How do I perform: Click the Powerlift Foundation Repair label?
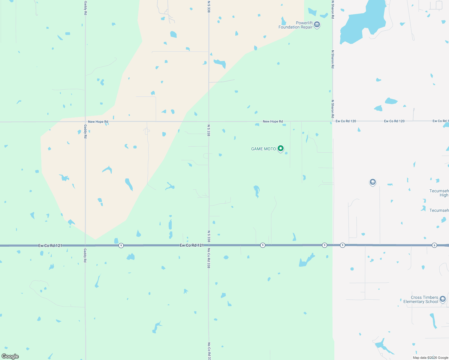(x=296, y=25)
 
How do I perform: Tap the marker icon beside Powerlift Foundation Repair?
(x=317, y=25)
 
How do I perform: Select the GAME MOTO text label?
(x=263, y=149)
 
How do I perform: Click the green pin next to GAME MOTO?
(x=280, y=148)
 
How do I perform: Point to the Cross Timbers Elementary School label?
(x=421, y=299)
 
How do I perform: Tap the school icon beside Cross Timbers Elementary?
(x=442, y=299)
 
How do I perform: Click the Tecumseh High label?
(x=439, y=193)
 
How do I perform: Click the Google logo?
(x=10, y=356)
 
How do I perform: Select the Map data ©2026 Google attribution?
(x=430, y=358)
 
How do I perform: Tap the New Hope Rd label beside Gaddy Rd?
(x=98, y=122)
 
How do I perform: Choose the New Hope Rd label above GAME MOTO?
(x=273, y=121)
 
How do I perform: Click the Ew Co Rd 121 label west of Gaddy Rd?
(x=50, y=246)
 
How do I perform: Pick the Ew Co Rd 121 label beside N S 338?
(x=192, y=245)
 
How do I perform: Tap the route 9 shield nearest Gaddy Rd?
(x=121, y=245)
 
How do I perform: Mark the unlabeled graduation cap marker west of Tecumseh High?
(x=372, y=182)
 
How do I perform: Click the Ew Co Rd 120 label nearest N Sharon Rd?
(x=346, y=121)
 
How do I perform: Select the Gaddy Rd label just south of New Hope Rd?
(x=86, y=132)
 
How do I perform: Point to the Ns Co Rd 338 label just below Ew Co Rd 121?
(x=209, y=258)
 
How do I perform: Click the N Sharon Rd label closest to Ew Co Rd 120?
(x=333, y=109)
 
